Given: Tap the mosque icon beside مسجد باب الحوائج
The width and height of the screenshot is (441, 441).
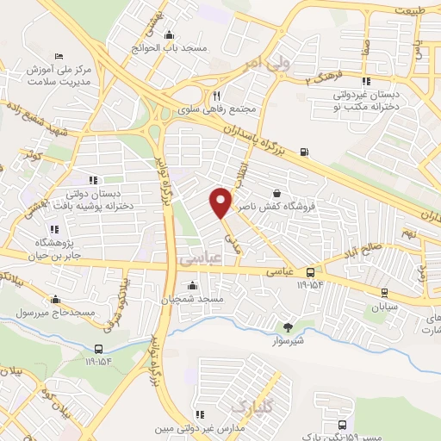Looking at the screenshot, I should point(168,35).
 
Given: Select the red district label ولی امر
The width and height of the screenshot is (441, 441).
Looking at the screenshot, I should point(239,63).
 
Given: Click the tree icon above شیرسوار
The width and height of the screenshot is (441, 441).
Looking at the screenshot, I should point(287,327).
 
